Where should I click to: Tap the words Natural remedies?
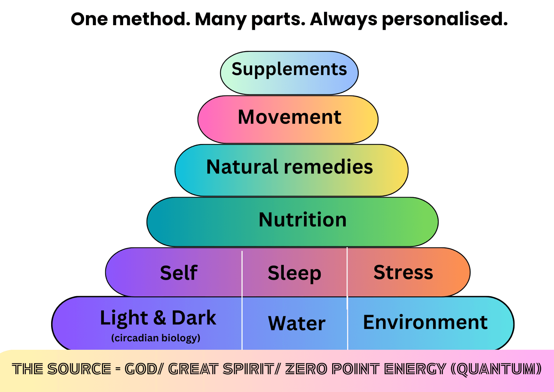[290, 166]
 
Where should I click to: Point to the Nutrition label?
[303, 219]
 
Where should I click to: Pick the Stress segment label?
[403, 272]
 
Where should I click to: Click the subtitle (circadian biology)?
[156, 338]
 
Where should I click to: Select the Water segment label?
[297, 323]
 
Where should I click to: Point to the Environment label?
[425, 322]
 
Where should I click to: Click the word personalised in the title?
[445, 20]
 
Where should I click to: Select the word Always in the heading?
[344, 20]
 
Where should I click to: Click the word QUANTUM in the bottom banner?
[496, 369]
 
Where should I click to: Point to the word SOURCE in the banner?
[79, 369]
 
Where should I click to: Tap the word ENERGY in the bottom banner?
[415, 369]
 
